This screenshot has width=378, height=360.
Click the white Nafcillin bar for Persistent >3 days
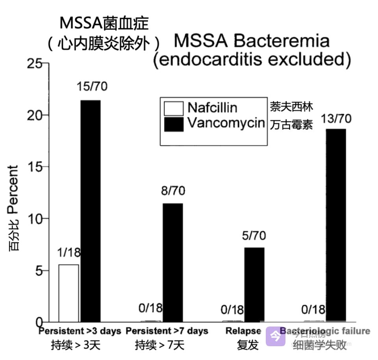[x=69, y=293]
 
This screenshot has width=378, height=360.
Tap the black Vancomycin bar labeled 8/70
[x=173, y=262]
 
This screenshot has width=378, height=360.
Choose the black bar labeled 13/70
[x=336, y=225]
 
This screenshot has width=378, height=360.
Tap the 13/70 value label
[x=335, y=119]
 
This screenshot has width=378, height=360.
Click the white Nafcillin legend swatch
[x=174, y=108]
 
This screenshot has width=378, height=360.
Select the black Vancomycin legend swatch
[x=174, y=124]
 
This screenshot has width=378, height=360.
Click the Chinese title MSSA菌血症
[x=104, y=23]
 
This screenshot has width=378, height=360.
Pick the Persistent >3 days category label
[x=80, y=331]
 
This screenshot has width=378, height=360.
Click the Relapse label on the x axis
[x=243, y=331]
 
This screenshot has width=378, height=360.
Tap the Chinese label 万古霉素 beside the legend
[x=291, y=125]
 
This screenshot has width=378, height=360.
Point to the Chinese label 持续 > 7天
[x=159, y=346]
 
